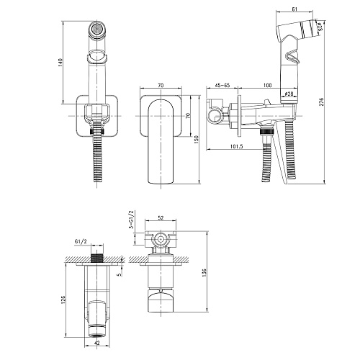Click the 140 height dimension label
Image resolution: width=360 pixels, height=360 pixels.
pyautogui.click(x=60, y=63)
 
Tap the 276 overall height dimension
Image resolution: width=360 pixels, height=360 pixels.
pyautogui.click(x=322, y=102)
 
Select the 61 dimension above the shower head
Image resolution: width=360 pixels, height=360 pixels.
pyautogui.click(x=294, y=9)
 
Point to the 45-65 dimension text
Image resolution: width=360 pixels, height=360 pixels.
pyautogui.click(x=222, y=85)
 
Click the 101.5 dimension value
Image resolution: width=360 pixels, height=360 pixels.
pyautogui.click(x=236, y=146)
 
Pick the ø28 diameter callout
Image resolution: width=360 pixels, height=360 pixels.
pyautogui.click(x=289, y=94)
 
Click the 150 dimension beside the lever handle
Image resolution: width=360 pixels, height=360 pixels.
pyautogui.click(x=197, y=140)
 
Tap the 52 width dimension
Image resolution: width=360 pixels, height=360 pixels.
pyautogui.click(x=161, y=218)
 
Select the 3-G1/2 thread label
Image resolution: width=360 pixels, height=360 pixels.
pyautogui.click(x=131, y=220)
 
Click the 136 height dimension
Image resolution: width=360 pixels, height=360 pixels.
pyautogui.click(x=204, y=273)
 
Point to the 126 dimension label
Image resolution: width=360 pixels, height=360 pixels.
pyautogui.click(x=63, y=300)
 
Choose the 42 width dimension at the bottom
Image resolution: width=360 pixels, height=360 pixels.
pyautogui.click(x=97, y=343)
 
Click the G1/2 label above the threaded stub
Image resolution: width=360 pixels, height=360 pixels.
pyautogui.click(x=81, y=242)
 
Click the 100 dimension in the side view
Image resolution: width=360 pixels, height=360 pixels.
pyautogui.click(x=267, y=85)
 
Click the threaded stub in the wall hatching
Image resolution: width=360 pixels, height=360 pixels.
pyautogui.click(x=97, y=258)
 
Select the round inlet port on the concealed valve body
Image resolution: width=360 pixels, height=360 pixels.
pyautogui.click(x=161, y=239)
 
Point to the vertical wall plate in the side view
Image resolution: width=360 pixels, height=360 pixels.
pyautogui.click(x=239, y=116)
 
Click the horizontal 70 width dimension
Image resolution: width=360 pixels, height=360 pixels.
pyautogui.click(x=161, y=85)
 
